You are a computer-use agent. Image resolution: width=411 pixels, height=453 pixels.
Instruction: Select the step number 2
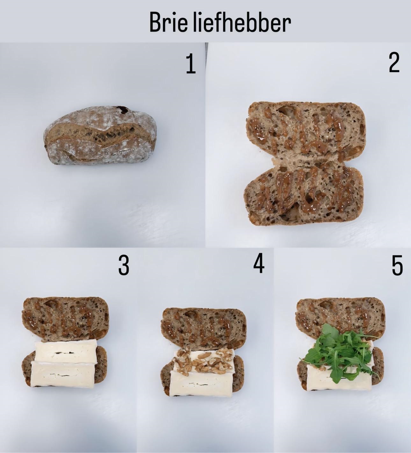[394, 62]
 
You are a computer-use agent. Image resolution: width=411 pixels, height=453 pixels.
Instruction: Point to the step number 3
[124, 266]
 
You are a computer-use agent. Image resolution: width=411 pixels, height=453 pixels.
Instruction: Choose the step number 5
[397, 266]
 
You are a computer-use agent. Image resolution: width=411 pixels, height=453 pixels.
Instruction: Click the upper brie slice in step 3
[66, 353]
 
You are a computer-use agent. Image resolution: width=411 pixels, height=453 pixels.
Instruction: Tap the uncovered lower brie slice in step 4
[202, 384]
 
